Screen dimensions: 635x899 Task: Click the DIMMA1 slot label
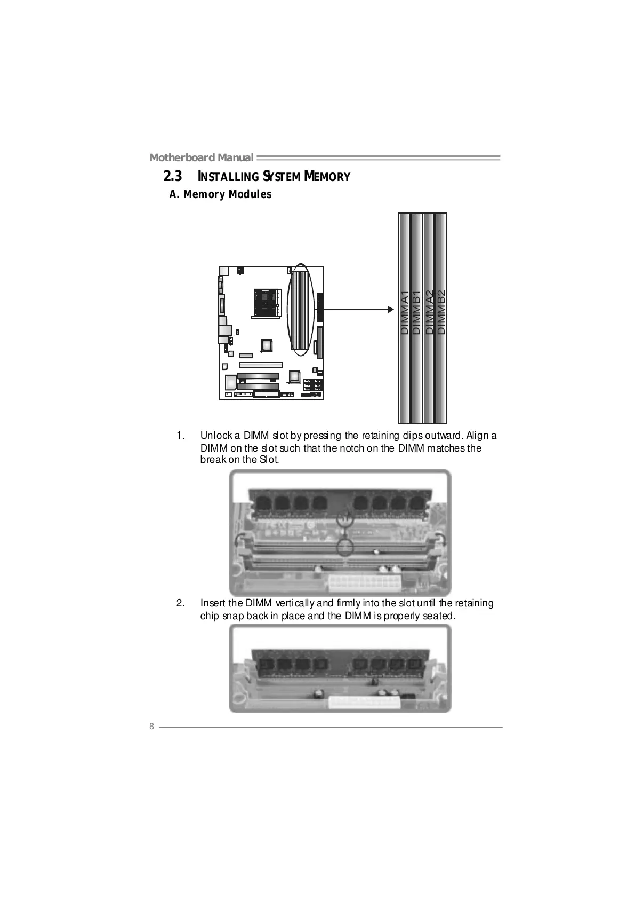(404, 313)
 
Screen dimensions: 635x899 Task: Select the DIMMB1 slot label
(416, 313)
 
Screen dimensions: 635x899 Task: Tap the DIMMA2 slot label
(429, 313)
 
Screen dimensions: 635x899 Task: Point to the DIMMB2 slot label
(441, 313)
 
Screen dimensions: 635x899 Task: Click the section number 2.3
(172, 176)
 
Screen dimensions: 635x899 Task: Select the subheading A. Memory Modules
(220, 194)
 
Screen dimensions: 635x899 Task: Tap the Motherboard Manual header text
(201, 157)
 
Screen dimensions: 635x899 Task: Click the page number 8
(151, 727)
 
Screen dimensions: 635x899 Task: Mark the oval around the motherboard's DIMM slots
(301, 310)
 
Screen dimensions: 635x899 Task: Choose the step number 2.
(181, 603)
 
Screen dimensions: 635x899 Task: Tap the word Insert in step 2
(212, 603)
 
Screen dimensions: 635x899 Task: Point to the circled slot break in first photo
(345, 547)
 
